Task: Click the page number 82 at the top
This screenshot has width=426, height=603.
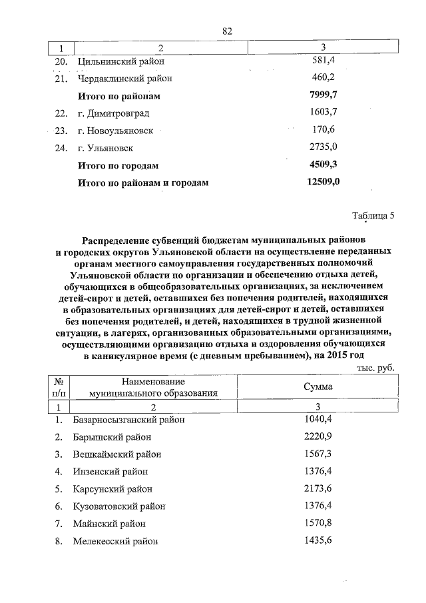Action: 227,31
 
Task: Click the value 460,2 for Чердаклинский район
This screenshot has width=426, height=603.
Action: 323,79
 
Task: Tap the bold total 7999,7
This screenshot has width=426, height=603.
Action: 323,96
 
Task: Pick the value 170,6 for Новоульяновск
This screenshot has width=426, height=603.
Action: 323,130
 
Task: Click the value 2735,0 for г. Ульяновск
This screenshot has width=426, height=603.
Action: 323,147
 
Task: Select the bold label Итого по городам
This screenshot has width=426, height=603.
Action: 119,165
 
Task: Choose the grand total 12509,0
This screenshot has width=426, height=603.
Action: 323,181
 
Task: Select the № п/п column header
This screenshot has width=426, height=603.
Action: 59,387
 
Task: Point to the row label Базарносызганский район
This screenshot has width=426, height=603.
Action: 128,420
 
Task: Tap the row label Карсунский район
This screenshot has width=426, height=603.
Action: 113,489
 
